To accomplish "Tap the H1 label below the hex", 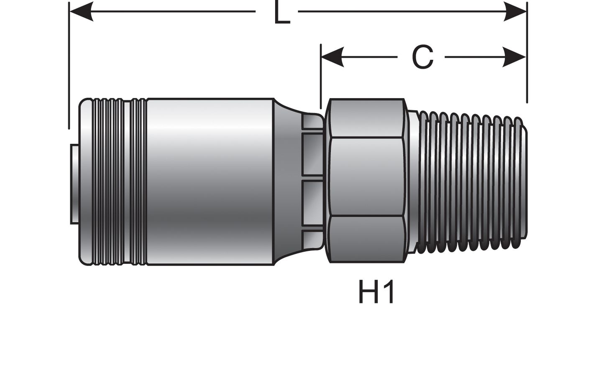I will [376, 292].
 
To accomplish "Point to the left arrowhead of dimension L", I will [82, 12].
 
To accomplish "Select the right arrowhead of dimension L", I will [515, 12].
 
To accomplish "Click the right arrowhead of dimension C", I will [514, 56].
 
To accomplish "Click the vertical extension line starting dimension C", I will [321, 75].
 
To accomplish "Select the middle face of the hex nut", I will [366, 178].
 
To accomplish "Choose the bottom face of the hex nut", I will [366, 239].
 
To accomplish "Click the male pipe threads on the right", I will [473, 182].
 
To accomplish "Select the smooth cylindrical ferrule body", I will [209, 182].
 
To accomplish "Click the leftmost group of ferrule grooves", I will [107, 182].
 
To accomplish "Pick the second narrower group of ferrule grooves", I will [138, 182].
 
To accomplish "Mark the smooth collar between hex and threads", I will [412, 182].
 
